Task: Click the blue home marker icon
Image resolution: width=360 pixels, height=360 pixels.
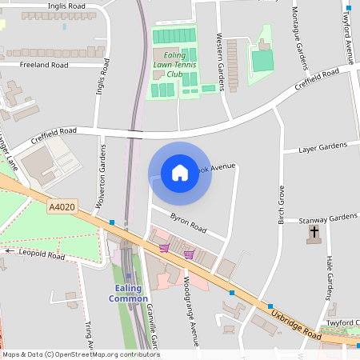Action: tap(179, 173)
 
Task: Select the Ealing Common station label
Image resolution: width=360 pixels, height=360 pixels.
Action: tap(128, 294)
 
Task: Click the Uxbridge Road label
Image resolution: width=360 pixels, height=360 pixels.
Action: tap(296, 324)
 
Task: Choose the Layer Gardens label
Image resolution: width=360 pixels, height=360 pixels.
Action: tap(322, 148)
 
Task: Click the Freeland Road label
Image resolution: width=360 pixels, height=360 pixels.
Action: tap(44, 64)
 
